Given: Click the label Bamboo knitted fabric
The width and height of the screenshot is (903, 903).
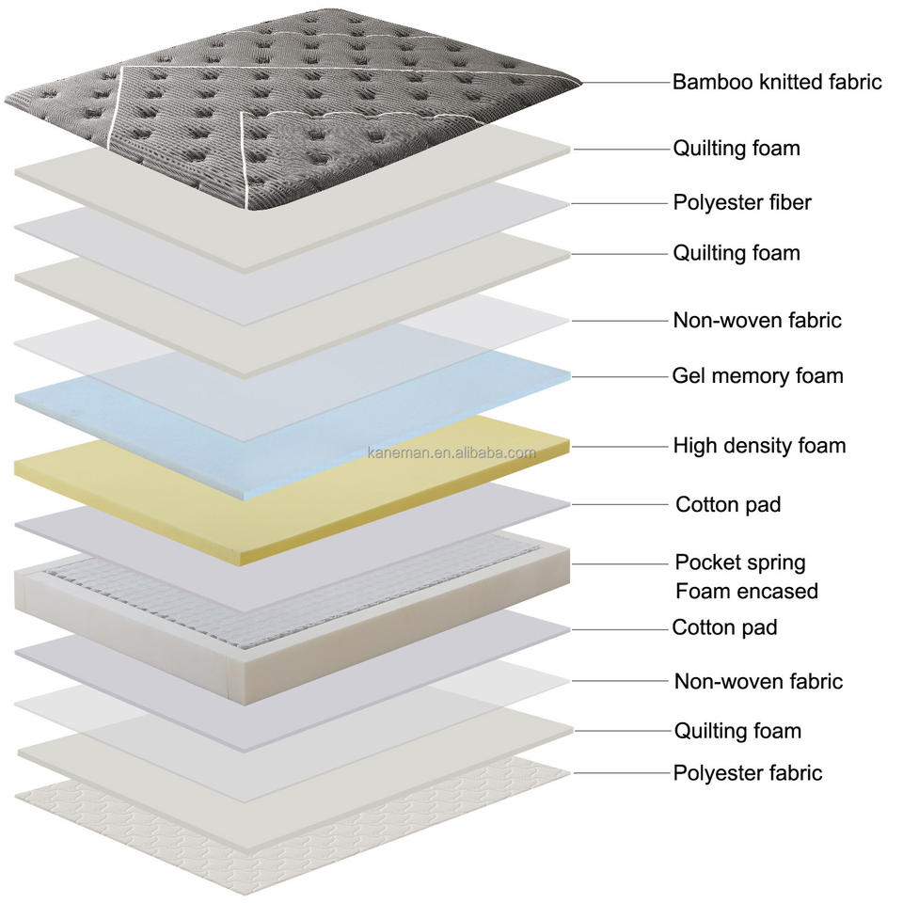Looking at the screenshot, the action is point(777,82).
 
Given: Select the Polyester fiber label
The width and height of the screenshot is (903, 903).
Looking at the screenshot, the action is point(742,202).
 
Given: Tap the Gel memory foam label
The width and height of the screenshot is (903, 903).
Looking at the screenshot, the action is point(758,376).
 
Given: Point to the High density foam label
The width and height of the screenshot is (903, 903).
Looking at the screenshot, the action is point(759,446).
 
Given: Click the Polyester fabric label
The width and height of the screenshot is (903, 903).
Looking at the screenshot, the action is point(748,773).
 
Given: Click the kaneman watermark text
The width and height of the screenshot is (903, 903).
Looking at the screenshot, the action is point(451,452).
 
